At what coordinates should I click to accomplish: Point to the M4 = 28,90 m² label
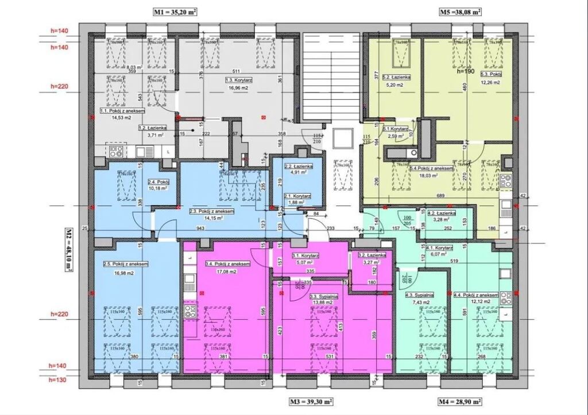tap(459, 402)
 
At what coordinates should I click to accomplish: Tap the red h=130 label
tap(59, 380)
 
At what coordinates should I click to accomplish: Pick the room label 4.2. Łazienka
tap(441, 212)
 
